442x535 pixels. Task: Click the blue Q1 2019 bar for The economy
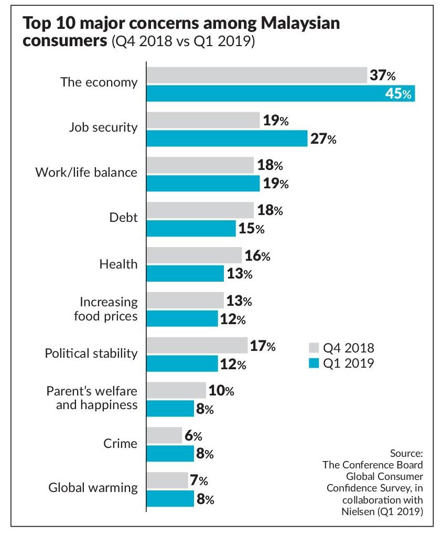[281, 93]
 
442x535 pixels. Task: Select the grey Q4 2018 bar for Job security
[203, 121]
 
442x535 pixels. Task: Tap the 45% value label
[400, 94]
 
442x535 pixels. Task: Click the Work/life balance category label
[86, 172]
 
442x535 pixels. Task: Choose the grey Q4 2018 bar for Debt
[200, 211]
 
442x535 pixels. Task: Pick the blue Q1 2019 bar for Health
[185, 273]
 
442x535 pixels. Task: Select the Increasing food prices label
[109, 309]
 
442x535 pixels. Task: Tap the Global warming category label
[93, 487]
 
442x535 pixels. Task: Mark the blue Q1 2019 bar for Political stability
[182, 363]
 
